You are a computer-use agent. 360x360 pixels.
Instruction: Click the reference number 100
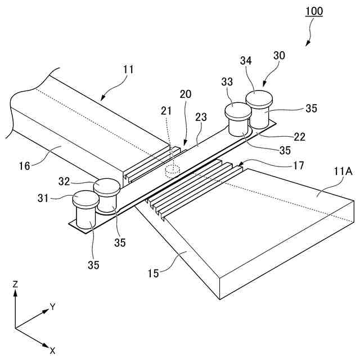(x=313, y=11)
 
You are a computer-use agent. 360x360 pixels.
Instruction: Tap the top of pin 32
(x=106, y=185)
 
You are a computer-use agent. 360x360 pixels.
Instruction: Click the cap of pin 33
(x=238, y=110)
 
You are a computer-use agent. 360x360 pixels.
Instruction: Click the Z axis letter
(x=16, y=285)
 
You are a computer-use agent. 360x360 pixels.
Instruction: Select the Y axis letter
(x=52, y=307)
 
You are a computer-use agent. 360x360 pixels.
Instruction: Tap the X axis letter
(x=52, y=350)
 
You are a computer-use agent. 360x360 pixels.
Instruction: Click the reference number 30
(x=280, y=55)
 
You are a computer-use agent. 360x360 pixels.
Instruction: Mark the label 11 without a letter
(x=128, y=70)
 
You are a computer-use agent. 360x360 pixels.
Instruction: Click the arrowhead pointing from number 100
(x=308, y=43)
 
